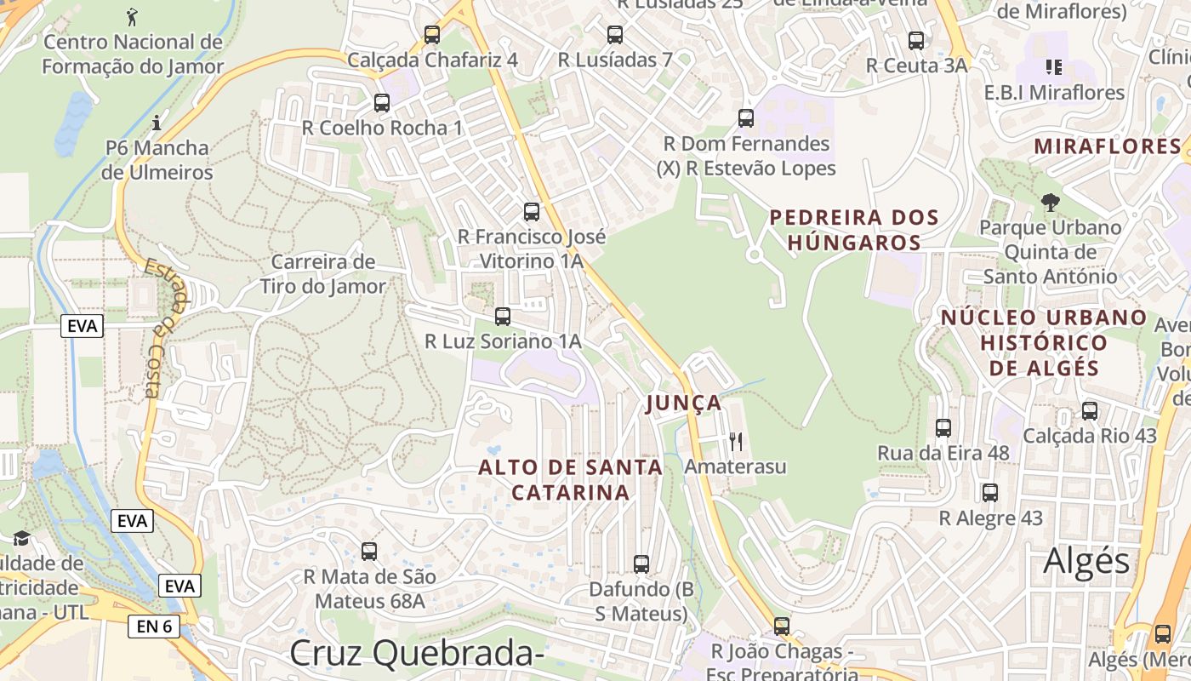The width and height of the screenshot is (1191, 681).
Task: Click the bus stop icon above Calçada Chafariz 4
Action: click(432, 35)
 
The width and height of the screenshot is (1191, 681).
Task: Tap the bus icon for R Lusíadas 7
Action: click(615, 35)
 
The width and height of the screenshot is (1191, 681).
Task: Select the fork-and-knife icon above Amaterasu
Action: click(736, 441)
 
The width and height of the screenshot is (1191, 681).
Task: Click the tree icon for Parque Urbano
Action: click(1051, 203)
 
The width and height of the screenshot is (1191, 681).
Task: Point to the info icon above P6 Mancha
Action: click(157, 123)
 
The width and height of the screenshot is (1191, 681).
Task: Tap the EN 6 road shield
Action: click(155, 627)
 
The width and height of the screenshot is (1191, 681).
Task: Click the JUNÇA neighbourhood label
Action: click(684, 403)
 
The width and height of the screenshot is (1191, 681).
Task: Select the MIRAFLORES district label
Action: click(1108, 146)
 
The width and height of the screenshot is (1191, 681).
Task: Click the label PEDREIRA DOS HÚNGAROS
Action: click(854, 230)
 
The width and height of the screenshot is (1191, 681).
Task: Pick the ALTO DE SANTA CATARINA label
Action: click(570, 479)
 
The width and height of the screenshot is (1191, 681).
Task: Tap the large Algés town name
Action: click(1086, 562)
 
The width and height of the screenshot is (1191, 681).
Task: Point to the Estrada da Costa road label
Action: click(163, 328)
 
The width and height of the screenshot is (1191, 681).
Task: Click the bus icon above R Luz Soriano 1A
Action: click(503, 317)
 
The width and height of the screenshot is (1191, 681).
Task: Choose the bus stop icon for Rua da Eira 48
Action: click(943, 428)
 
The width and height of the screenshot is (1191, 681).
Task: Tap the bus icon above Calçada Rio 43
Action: click(1090, 411)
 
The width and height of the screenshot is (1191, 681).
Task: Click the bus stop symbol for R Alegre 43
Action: click(990, 493)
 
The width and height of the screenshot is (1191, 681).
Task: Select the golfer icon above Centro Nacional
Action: click(132, 16)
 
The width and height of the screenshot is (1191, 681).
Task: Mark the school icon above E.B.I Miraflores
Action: click(1054, 66)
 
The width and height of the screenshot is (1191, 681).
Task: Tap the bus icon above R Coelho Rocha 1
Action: click(382, 103)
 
